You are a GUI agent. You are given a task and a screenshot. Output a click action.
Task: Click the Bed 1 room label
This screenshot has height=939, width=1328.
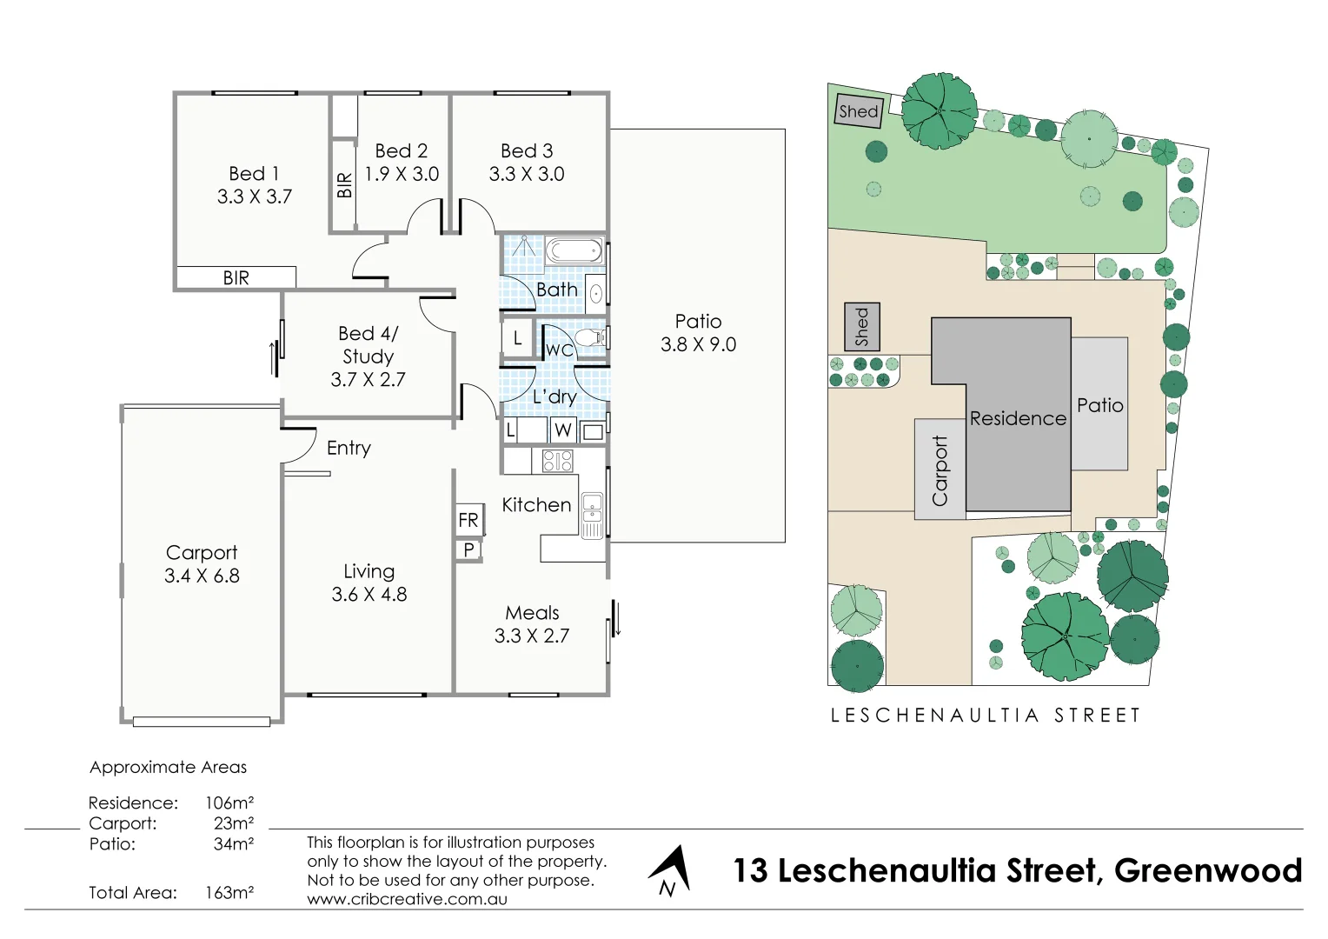click(x=254, y=174)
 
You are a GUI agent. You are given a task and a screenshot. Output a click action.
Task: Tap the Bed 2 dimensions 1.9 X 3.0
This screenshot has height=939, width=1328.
click(x=402, y=174)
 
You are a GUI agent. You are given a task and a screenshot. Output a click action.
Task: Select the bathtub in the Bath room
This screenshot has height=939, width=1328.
click(x=574, y=252)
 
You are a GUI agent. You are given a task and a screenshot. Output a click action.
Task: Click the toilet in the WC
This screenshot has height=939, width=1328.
click(x=592, y=337)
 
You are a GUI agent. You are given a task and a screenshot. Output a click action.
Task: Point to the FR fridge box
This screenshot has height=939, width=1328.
click(x=468, y=520)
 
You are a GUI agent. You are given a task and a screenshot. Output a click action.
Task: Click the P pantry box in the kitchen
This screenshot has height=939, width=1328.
click(x=468, y=549)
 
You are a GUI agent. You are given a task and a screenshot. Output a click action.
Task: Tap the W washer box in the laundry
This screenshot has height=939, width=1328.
click(x=563, y=430)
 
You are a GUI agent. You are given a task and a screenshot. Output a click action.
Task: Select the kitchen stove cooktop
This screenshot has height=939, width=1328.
click(x=557, y=461)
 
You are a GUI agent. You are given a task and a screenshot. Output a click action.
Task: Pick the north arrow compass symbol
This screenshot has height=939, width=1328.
click(x=670, y=870)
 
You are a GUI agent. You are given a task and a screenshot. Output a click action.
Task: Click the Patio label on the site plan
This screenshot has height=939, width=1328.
click(x=1099, y=405)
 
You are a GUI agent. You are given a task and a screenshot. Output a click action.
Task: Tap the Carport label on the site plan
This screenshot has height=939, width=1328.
click(x=940, y=470)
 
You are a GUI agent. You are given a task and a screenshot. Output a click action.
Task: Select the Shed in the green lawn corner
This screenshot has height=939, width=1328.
click(x=859, y=111)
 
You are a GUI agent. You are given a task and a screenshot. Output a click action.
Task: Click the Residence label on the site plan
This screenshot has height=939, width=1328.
click(x=1018, y=418)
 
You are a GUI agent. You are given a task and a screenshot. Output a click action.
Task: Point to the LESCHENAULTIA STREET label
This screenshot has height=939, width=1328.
click(x=985, y=716)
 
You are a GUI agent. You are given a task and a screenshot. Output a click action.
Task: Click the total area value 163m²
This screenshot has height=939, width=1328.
click(x=229, y=892)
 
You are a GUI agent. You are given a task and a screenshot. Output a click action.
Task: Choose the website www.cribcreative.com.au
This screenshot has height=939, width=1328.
click(x=407, y=899)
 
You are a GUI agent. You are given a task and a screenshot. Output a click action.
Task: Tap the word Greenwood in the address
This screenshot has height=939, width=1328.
click(x=1208, y=870)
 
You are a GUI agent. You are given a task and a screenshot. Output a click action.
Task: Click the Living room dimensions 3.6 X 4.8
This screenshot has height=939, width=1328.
click(x=369, y=595)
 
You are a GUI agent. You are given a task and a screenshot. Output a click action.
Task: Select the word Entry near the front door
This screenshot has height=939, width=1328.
click(x=349, y=448)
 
